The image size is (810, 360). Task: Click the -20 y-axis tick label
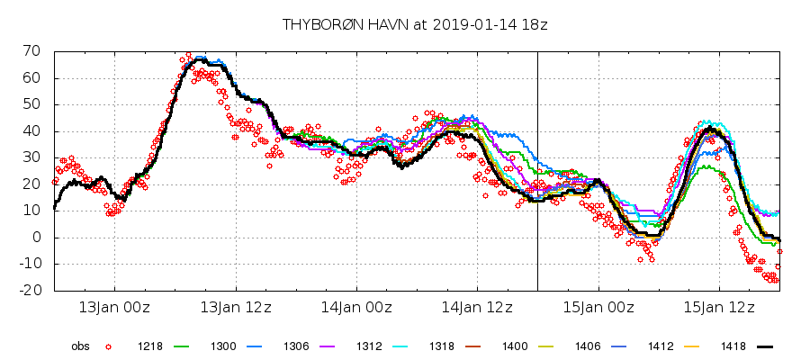pyautogui.click(x=33, y=291)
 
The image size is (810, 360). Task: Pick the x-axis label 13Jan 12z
pyautogui.click(x=237, y=307)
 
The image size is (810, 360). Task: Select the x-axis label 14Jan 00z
pyautogui.click(x=357, y=307)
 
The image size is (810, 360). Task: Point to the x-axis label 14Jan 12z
pyautogui.click(x=478, y=307)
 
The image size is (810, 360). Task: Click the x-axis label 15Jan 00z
pyautogui.click(x=598, y=307)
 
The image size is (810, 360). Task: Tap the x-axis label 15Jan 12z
pyautogui.click(x=719, y=307)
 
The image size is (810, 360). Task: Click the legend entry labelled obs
pyautogui.click(x=82, y=346)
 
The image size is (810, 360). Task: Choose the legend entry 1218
pyautogui.click(x=149, y=346)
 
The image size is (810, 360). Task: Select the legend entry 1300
pyautogui.click(x=223, y=346)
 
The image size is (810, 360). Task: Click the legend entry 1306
pyautogui.click(x=297, y=346)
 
